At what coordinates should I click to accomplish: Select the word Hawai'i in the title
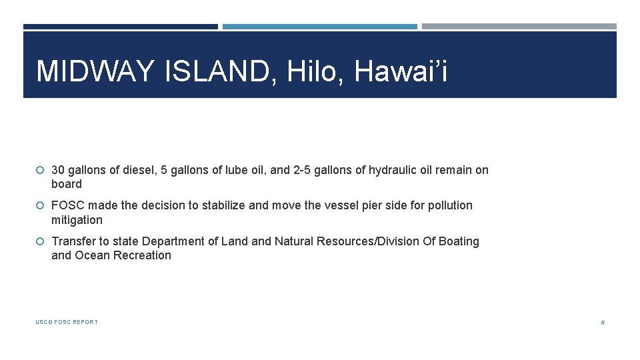(x=401, y=71)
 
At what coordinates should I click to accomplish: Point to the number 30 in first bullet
(x=58, y=170)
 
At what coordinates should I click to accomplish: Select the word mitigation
(x=77, y=220)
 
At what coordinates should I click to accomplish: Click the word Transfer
(x=73, y=241)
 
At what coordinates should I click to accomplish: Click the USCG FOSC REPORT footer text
(x=67, y=322)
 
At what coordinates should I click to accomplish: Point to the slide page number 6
(x=602, y=323)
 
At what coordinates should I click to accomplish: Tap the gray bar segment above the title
(x=519, y=27)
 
